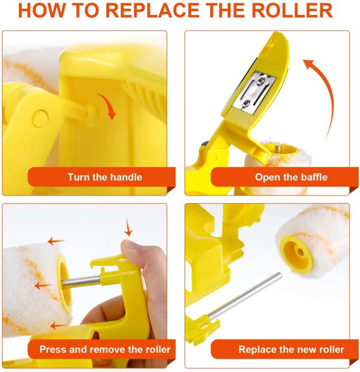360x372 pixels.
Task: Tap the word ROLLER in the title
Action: pos(292,11)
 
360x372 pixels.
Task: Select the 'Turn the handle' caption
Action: pos(105,177)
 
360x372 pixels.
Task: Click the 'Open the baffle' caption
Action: pos(291,177)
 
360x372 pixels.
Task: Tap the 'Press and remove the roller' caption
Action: pos(105,349)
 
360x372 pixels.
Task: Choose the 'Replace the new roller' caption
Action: pos(291,349)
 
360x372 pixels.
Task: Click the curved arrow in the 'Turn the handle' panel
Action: pos(110,104)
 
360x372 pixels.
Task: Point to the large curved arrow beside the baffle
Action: pos(328,95)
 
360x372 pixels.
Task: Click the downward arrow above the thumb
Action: pos(128,228)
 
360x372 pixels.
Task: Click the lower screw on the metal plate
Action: pos(246,104)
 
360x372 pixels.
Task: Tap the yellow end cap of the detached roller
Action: pos(296,252)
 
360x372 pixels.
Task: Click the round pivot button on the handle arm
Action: pos(41,118)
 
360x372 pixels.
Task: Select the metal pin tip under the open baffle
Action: pos(278,149)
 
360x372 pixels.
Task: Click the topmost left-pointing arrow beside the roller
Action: pos(56,242)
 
